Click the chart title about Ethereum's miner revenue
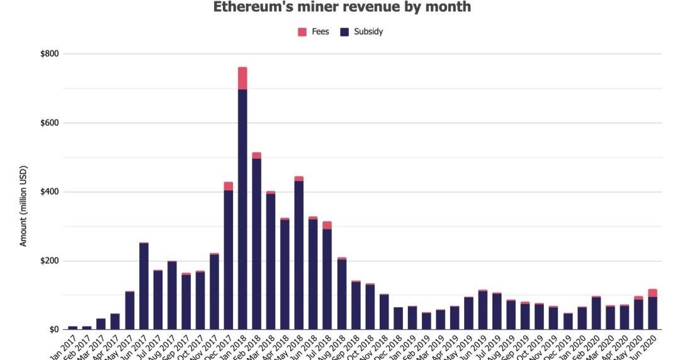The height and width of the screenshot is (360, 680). [342, 8]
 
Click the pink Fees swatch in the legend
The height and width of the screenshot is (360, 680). [302, 31]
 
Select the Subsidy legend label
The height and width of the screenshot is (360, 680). [368, 31]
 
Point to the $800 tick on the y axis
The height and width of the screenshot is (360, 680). [50, 54]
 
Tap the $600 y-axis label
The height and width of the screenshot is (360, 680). [50, 123]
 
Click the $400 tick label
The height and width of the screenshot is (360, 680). [50, 192]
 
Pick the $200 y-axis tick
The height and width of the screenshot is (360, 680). [50, 261]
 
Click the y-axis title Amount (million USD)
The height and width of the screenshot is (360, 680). [23, 206]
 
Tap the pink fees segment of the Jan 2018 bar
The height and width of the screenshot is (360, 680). [242, 78]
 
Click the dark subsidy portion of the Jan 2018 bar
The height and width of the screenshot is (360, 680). [242, 208]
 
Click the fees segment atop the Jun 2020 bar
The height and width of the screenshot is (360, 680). [652, 293]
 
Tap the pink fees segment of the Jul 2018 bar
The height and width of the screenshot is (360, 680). [327, 225]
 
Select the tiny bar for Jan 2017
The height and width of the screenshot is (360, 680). [73, 327]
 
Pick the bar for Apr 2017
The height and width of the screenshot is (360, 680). [115, 322]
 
